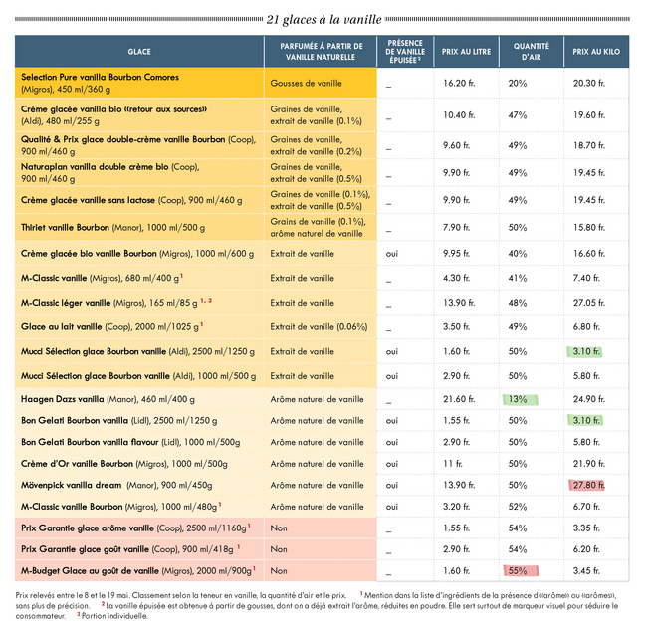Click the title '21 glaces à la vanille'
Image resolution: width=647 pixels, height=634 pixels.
pyautogui.click(x=323, y=19)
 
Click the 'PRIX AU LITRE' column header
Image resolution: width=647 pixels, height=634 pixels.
pyautogui.click(x=466, y=52)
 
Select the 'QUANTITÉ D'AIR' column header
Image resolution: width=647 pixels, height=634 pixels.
pyautogui.click(x=532, y=52)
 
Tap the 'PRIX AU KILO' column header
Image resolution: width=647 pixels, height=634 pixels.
pyautogui.click(x=596, y=52)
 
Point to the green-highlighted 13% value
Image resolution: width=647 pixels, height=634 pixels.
pyautogui.click(x=520, y=399)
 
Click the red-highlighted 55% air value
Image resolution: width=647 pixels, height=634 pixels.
pyautogui.click(x=521, y=571)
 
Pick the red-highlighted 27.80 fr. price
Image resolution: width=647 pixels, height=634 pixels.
pyautogui.click(x=586, y=485)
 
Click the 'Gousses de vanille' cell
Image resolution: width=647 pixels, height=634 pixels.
pyautogui.click(x=306, y=83)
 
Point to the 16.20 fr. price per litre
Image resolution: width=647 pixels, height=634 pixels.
pyautogui.click(x=459, y=83)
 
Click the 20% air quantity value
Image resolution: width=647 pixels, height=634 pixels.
pyautogui.click(x=518, y=83)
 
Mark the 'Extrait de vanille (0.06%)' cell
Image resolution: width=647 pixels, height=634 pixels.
pyautogui.click(x=319, y=327)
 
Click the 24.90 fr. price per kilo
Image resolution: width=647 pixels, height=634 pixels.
pyautogui.click(x=589, y=399)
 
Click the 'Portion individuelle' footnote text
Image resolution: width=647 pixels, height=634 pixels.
pyautogui.click(x=114, y=616)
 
